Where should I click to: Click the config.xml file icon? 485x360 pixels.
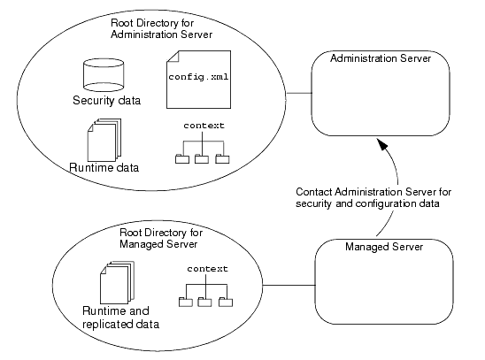[x=198, y=80]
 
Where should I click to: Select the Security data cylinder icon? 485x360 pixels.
[x=104, y=75]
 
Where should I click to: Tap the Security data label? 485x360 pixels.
[x=107, y=101]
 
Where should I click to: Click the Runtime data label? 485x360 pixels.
[x=104, y=167]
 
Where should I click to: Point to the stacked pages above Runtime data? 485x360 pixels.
[x=104, y=140]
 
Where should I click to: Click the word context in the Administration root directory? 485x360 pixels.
[x=204, y=126]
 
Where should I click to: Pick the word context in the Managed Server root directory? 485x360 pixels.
[x=208, y=269]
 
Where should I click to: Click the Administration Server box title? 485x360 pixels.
[x=381, y=58]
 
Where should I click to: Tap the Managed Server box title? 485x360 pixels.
[x=384, y=247]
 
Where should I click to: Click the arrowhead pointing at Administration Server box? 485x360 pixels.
[x=382, y=143]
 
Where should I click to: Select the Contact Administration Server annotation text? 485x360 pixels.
[x=373, y=198]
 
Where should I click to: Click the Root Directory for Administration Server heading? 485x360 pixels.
[x=161, y=28]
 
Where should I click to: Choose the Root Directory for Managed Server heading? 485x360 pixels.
[x=161, y=238]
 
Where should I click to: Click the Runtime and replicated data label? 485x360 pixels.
[x=120, y=318]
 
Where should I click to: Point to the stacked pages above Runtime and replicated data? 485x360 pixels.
[x=117, y=282]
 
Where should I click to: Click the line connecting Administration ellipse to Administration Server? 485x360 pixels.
[x=299, y=93]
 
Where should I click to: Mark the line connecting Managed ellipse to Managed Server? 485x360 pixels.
[x=289, y=285]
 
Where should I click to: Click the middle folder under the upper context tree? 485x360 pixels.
[x=202, y=159]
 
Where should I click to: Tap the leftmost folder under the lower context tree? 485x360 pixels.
[x=186, y=302]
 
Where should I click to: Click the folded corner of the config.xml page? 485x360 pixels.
[x=173, y=57]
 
